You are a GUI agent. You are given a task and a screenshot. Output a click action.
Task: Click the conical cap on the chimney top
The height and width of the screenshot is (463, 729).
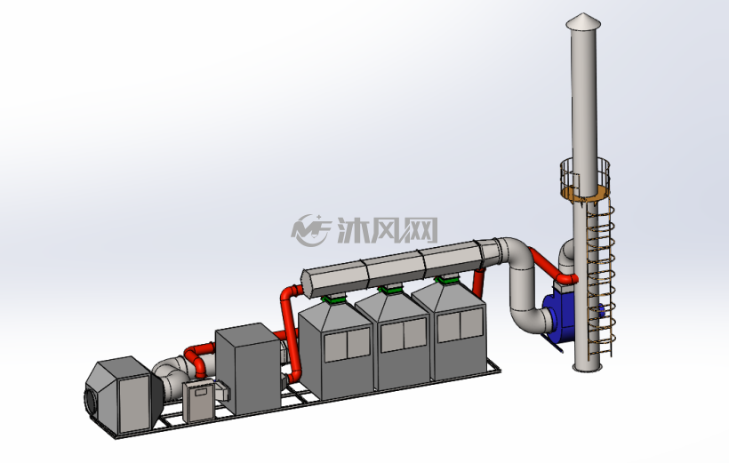tap(583, 22)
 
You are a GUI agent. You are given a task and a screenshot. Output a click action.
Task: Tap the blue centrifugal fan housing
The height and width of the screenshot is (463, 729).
tap(563, 315)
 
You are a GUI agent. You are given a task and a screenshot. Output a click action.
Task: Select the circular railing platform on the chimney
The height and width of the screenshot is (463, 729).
tap(584, 180)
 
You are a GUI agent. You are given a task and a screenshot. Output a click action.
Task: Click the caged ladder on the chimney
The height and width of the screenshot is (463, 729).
tap(601, 279)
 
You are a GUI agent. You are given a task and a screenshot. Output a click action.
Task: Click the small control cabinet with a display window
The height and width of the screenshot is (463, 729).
tap(198, 402)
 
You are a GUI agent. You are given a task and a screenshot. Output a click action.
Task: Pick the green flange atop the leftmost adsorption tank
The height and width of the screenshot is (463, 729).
tap(333, 299)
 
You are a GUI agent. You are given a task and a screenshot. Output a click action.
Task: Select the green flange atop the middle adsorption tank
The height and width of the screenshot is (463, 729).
tap(389, 290)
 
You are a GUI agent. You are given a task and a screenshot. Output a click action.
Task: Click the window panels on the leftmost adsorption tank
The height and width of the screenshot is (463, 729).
tap(348, 345)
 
